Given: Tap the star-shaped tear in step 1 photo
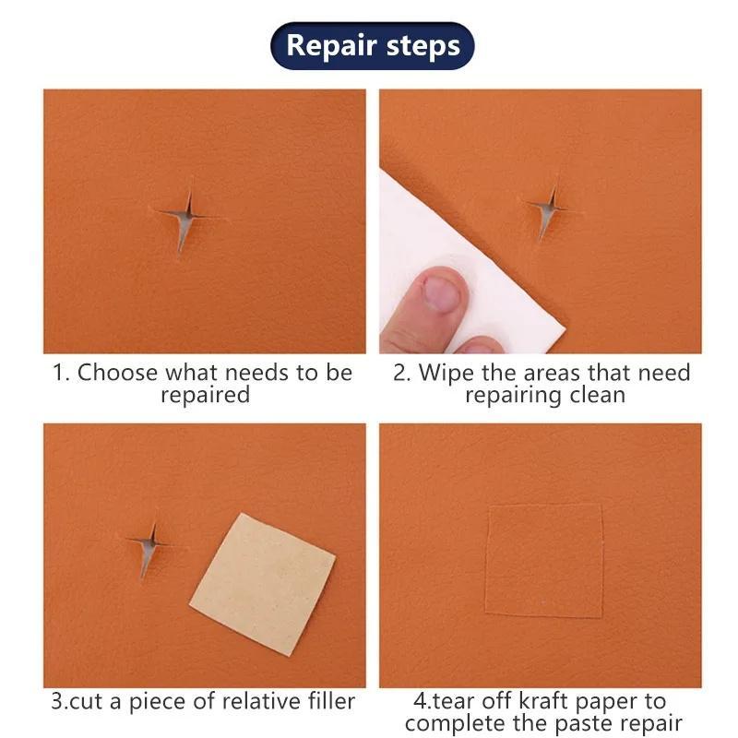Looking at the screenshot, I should pos(185,219).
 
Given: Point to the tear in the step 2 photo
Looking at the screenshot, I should pos(547,210).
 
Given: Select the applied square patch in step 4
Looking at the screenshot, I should pos(543,560).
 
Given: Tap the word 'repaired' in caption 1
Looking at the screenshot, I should pos(205,396).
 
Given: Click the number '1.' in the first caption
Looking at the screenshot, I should pos(61,373).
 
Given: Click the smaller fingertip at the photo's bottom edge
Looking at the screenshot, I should pos(481,346).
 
